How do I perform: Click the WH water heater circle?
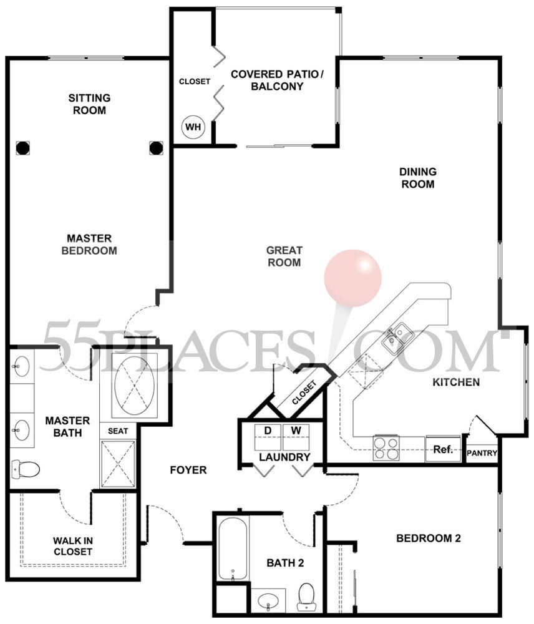pyautogui.click(x=193, y=127)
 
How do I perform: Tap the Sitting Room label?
pyautogui.click(x=89, y=104)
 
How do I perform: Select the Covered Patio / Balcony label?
pyautogui.click(x=277, y=80)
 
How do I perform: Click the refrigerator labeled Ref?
pyautogui.click(x=443, y=449)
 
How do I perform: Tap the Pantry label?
pyautogui.click(x=482, y=453)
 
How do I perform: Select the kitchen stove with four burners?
pyautogui.click(x=386, y=448)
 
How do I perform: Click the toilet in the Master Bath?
pyautogui.click(x=26, y=469)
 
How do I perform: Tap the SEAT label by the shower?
pyautogui.click(x=118, y=431)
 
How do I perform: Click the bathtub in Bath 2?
pyautogui.click(x=233, y=549)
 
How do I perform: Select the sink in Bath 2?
pyautogui.click(x=268, y=602)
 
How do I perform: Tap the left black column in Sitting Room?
pyautogui.click(x=22, y=148)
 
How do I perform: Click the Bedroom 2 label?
pyautogui.click(x=428, y=539)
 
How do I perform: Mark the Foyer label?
pyautogui.click(x=188, y=470)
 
